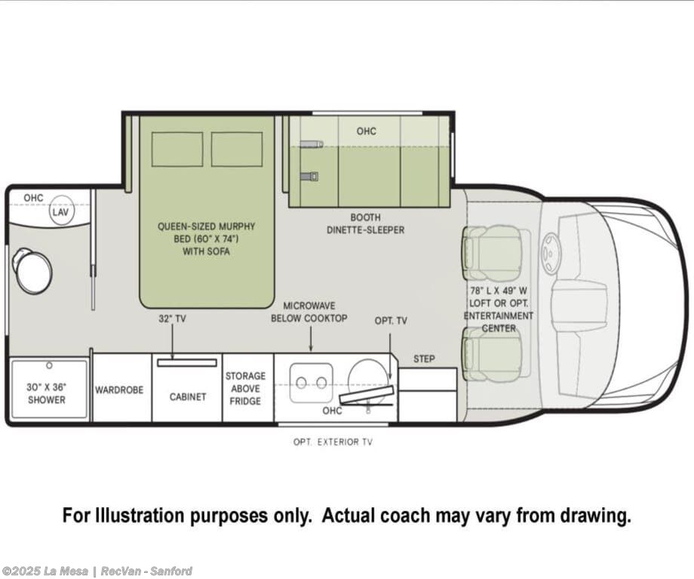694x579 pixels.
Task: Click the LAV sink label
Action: pyautogui.click(x=60, y=212)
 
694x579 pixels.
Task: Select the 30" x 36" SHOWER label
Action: pyautogui.click(x=47, y=393)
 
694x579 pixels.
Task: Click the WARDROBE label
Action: pyautogui.click(x=119, y=390)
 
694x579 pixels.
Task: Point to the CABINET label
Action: pyautogui.click(x=188, y=396)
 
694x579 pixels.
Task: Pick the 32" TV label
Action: pyautogui.click(x=172, y=319)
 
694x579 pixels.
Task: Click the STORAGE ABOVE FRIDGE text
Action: pyautogui.click(x=245, y=389)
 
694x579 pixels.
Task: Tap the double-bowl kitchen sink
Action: pyautogui.click(x=312, y=382)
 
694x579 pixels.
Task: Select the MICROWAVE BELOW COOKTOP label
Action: pyautogui.click(x=309, y=312)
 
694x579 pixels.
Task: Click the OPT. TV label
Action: pyautogui.click(x=391, y=321)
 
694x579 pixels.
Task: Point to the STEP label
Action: pyautogui.click(x=424, y=359)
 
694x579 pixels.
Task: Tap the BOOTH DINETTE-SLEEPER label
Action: pyautogui.click(x=366, y=223)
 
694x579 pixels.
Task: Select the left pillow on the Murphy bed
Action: pyautogui.click(x=177, y=149)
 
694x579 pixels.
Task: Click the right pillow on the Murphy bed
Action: pyautogui.click(x=236, y=149)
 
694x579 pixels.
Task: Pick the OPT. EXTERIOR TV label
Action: pyautogui.click(x=333, y=442)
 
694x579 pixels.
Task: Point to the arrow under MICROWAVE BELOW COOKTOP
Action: pyautogui.click(x=311, y=340)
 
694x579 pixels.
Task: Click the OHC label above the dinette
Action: pyautogui.click(x=367, y=131)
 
